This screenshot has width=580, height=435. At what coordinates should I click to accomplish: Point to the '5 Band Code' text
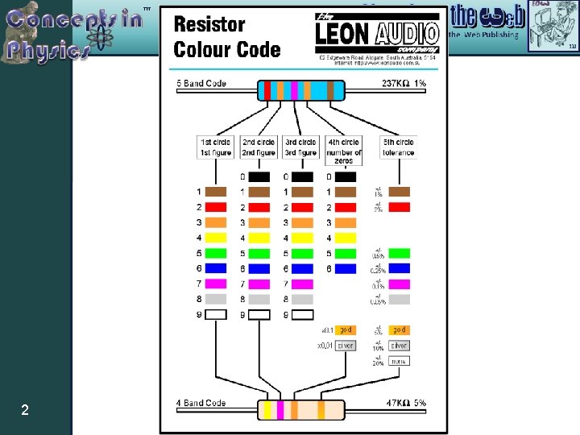point(202,84)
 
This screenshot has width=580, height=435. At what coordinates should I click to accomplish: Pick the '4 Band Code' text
point(202,403)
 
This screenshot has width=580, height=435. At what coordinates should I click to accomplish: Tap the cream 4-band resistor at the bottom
point(300,409)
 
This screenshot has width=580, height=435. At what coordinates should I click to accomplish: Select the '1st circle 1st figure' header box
point(215,147)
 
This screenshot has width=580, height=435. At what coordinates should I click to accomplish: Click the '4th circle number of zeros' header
point(345,151)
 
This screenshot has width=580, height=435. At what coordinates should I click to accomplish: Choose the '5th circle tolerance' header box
point(399,147)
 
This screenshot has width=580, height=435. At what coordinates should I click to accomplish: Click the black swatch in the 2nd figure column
point(259,177)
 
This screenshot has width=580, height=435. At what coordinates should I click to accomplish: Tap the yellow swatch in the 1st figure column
point(216,238)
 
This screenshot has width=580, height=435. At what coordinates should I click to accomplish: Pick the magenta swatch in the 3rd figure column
point(302,284)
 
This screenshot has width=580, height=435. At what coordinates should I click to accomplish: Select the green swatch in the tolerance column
point(399,254)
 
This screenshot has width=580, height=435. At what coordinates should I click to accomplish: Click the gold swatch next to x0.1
point(346,329)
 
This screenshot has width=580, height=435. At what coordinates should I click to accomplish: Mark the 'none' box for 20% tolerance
point(399,360)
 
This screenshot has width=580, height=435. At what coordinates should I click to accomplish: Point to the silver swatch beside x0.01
point(346,345)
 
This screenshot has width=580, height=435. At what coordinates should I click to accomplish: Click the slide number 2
point(25,411)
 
